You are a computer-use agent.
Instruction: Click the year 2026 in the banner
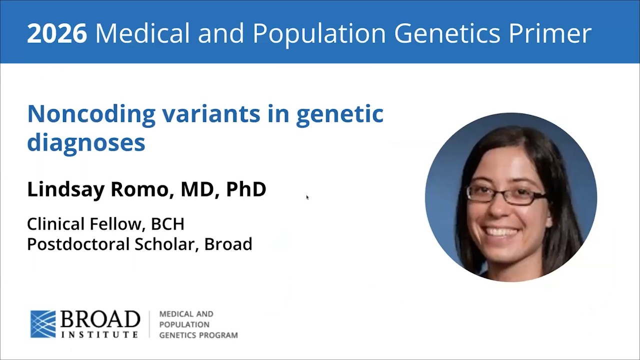pyautogui.click(x=57, y=33)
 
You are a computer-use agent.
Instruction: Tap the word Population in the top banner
pyautogui.click(x=319, y=34)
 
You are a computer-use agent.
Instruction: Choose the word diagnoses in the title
pyautogui.click(x=86, y=142)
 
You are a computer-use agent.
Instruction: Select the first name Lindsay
pyautogui.click(x=65, y=189)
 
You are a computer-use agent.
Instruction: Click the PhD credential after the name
pyautogui.click(x=246, y=189)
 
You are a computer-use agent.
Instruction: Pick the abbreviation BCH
pyautogui.click(x=167, y=223)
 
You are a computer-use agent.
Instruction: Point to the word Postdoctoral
pyautogui.click(x=78, y=244)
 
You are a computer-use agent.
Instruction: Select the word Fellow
pyautogui.click(x=115, y=223)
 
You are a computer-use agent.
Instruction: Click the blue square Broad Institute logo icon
pyautogui.click(x=43, y=324)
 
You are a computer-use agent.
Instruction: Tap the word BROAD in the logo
pyautogui.click(x=100, y=319)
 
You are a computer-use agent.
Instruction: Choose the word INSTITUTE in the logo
pyautogui.click(x=99, y=334)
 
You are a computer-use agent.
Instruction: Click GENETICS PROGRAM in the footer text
pyautogui.click(x=198, y=335)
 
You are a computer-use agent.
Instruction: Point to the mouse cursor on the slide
pyautogui.click(x=307, y=197)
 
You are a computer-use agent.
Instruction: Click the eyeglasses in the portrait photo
pyautogui.click(x=506, y=194)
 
